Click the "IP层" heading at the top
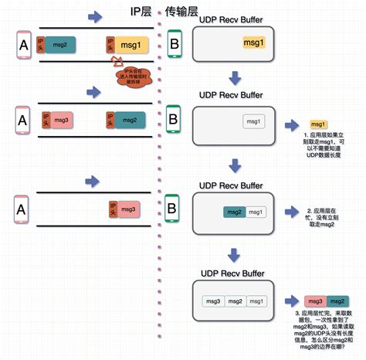point(141,13)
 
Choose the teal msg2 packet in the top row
point(59,46)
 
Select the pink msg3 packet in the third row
point(128,209)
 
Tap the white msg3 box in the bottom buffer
point(213,301)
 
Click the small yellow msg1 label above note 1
point(317,124)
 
